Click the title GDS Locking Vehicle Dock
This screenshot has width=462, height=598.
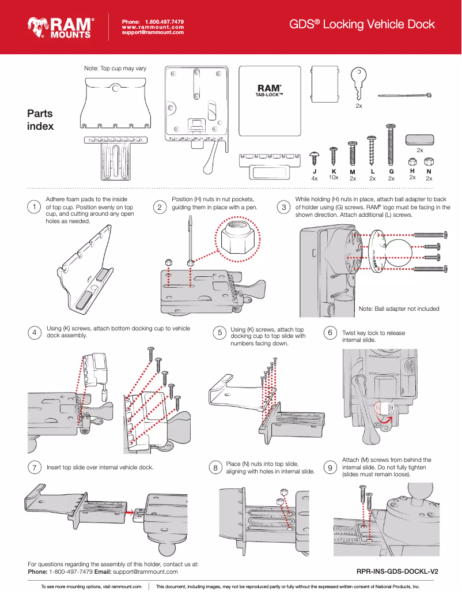pos(362,24)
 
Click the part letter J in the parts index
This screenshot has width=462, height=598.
pos(315,172)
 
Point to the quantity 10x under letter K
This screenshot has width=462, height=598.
pos(333,178)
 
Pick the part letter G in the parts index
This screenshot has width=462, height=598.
pos(391,172)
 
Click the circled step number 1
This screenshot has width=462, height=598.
pos(35,207)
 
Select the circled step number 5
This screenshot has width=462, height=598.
pos(219,333)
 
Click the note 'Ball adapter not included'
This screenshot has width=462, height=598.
pos(399,309)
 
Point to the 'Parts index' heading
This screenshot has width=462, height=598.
pos(40,120)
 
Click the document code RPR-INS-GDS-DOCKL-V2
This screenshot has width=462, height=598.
pos(397,571)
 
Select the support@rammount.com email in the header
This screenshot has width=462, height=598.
pos(153,32)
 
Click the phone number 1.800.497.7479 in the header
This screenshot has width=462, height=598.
pos(164,21)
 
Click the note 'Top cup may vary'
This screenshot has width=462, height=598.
pos(115,68)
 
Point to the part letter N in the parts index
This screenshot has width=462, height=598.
pos(429,171)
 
